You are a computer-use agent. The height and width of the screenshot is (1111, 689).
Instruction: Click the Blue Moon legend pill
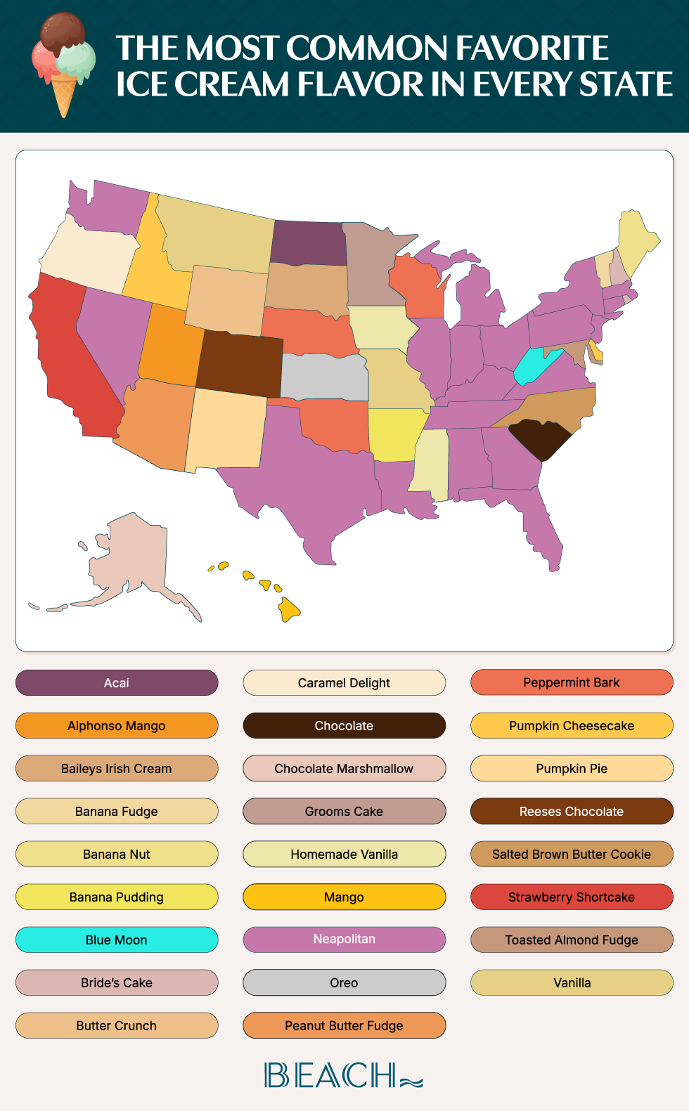(x=117, y=940)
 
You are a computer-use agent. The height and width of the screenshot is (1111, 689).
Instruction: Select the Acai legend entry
(x=117, y=682)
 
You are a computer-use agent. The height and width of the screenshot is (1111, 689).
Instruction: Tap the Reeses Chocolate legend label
(x=572, y=811)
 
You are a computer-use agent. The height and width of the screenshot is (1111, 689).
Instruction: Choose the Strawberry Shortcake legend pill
(x=572, y=897)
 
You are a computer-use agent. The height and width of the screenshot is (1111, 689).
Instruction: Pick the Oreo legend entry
(x=344, y=982)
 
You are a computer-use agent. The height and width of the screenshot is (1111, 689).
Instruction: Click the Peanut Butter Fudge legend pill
(x=344, y=1025)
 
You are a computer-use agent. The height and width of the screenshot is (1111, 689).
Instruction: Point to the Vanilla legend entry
(x=572, y=982)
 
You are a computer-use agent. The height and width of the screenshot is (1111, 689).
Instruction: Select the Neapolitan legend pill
(x=344, y=940)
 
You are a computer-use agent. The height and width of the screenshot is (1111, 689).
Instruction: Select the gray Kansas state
(x=323, y=377)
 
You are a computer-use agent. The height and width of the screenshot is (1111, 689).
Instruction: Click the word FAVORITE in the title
(x=532, y=48)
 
